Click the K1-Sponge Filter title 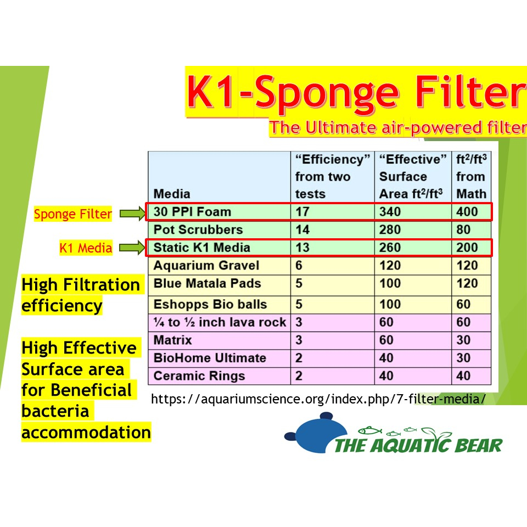(357, 92)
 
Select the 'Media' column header (172, 194)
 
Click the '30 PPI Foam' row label (192, 212)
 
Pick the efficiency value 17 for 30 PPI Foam (302, 212)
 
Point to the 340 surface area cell (390, 212)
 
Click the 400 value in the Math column (467, 212)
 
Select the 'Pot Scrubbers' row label (198, 229)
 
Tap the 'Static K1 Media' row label (201, 248)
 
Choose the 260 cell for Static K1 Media (390, 248)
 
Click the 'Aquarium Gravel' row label (206, 266)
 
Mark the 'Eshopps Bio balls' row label (210, 304)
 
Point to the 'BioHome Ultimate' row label (210, 358)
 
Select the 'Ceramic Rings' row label (199, 375)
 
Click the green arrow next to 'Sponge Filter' (133, 213)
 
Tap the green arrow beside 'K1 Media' (133, 248)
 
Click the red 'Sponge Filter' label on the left (73, 214)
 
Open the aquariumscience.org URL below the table (318, 399)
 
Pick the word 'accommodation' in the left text (86, 432)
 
